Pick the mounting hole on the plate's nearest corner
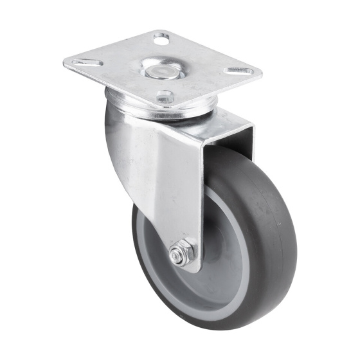tap(165, 98)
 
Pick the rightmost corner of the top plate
tap(262, 71)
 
